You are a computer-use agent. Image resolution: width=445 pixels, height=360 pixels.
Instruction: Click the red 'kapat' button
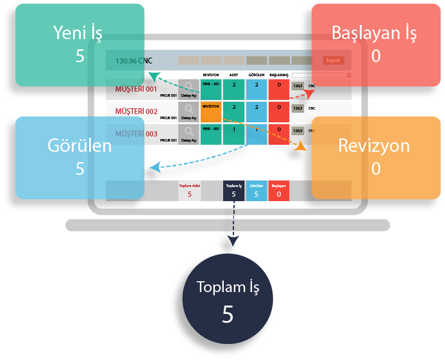[333, 60]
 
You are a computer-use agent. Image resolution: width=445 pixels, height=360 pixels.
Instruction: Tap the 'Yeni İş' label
[80, 31]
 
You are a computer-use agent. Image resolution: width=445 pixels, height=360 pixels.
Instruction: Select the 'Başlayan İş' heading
[376, 31]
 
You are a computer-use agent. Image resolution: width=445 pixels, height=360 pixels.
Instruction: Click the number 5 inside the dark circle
[228, 315]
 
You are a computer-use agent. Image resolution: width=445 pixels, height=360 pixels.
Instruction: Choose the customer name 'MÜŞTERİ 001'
[135, 89]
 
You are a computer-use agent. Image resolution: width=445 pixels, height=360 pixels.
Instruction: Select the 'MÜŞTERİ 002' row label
[135, 111]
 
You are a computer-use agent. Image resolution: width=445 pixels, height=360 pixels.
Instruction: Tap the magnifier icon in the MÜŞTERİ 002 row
[189, 110]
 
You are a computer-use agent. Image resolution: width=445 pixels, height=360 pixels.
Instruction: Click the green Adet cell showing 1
[233, 134]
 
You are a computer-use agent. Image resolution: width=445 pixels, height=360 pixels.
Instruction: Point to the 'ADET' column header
[233, 75]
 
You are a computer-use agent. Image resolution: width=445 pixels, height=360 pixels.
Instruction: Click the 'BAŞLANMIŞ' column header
[279, 75]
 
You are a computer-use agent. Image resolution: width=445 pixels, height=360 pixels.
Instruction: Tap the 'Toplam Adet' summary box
[189, 190]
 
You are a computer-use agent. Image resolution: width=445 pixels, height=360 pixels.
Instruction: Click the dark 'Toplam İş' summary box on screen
[233, 190]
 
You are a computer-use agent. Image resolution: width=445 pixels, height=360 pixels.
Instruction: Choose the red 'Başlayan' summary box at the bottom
[279, 190]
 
